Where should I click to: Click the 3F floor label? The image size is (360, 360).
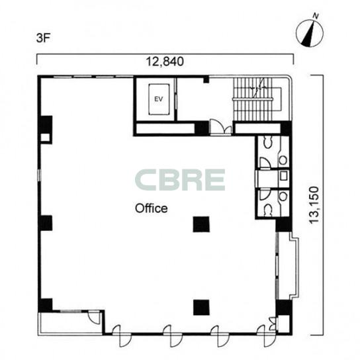[x=43, y=38]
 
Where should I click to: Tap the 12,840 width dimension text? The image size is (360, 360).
[x=165, y=62]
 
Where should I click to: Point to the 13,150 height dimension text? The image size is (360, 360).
[x=314, y=205]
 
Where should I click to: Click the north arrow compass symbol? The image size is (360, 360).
[x=310, y=33]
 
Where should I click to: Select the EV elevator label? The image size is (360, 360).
[x=159, y=99]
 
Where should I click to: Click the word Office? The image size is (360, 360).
[x=152, y=208]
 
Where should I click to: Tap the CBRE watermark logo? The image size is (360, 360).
[x=180, y=180]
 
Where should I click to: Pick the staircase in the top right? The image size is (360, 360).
[x=257, y=99]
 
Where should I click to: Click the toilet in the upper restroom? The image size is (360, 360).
[x=268, y=142]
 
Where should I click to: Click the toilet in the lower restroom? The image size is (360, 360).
[x=268, y=210]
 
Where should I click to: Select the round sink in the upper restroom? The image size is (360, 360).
[x=283, y=160]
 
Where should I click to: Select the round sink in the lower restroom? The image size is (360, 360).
[x=283, y=197]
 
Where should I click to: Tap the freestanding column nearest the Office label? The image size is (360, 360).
[x=201, y=224]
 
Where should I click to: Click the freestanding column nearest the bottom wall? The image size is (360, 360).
[x=201, y=307]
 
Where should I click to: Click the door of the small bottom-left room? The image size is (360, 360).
[x=95, y=317]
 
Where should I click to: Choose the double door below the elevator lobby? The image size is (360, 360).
[x=221, y=127]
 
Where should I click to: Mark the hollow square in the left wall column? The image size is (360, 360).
[x=45, y=138]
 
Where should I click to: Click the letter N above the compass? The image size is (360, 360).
[x=316, y=16]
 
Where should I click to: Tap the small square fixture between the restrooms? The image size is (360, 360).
[x=284, y=175]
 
